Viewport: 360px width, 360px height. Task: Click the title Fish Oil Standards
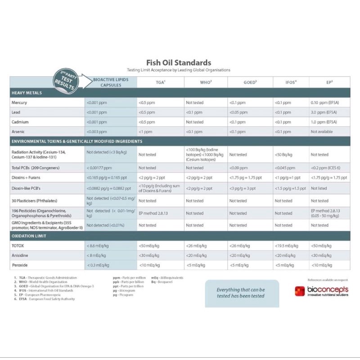(x=179, y=63)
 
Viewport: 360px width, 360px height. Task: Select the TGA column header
(x=160, y=82)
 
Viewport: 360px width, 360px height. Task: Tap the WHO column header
(x=206, y=82)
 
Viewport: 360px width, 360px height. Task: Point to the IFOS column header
(x=291, y=82)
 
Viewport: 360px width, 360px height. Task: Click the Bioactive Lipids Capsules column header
(x=111, y=82)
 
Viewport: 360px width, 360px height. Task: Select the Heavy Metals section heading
(x=27, y=93)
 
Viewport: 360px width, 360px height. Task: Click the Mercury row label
(x=19, y=103)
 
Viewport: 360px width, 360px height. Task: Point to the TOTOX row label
(x=18, y=246)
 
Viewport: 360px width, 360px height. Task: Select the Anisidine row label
(x=20, y=256)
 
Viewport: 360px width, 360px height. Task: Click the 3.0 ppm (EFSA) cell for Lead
(x=324, y=112)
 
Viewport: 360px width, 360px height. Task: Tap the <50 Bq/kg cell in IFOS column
(x=283, y=154)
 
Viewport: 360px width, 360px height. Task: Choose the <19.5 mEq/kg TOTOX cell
(x=286, y=246)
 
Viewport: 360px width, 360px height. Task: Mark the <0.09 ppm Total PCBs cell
(x=238, y=167)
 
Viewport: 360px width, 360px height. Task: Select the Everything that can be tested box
(x=241, y=293)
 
